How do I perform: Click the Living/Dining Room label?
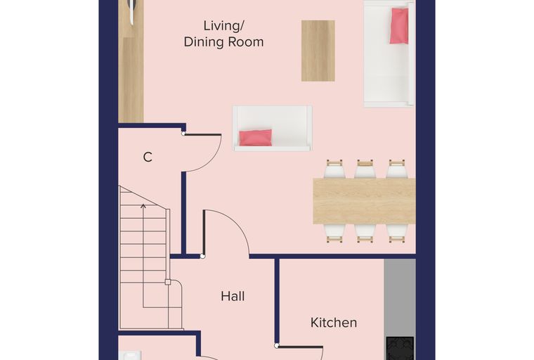(x=223, y=34)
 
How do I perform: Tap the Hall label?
(x=233, y=296)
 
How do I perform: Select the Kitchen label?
(x=334, y=323)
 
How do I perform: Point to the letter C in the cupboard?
(x=148, y=157)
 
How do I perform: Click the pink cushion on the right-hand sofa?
(x=399, y=26)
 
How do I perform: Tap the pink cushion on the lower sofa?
(x=256, y=138)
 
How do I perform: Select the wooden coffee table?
(x=318, y=51)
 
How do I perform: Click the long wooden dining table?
(x=364, y=201)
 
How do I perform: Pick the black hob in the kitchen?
(x=400, y=349)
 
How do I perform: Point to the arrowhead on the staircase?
(x=143, y=206)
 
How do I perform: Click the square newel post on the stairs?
(x=167, y=282)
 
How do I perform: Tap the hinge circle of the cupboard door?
(x=183, y=134)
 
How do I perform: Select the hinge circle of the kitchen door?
(x=277, y=346)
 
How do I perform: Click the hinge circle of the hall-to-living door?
(x=202, y=256)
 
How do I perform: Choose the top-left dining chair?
(x=334, y=169)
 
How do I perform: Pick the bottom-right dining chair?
(x=397, y=233)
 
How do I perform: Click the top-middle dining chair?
(x=365, y=169)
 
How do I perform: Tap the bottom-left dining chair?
(x=334, y=233)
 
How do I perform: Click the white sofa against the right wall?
(x=389, y=54)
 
